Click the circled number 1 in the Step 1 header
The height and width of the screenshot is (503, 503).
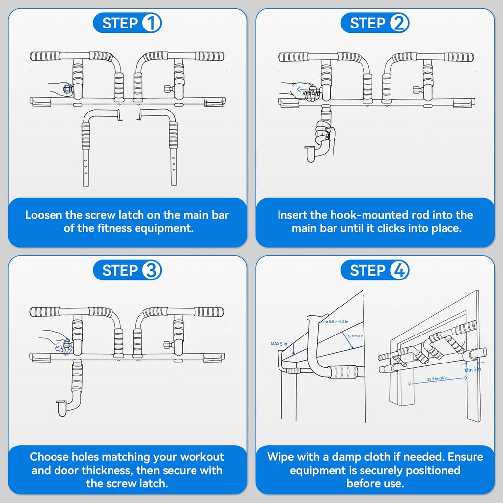pos(151,23)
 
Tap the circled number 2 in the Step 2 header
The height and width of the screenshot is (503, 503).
pos(399,23)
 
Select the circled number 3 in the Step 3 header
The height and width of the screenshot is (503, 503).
pos(151,271)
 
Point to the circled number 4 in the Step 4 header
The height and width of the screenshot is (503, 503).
pos(399,271)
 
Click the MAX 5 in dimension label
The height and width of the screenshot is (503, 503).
pos(279,343)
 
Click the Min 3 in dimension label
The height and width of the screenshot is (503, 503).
pos(473,370)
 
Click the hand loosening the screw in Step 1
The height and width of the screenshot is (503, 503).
pos(60,89)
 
